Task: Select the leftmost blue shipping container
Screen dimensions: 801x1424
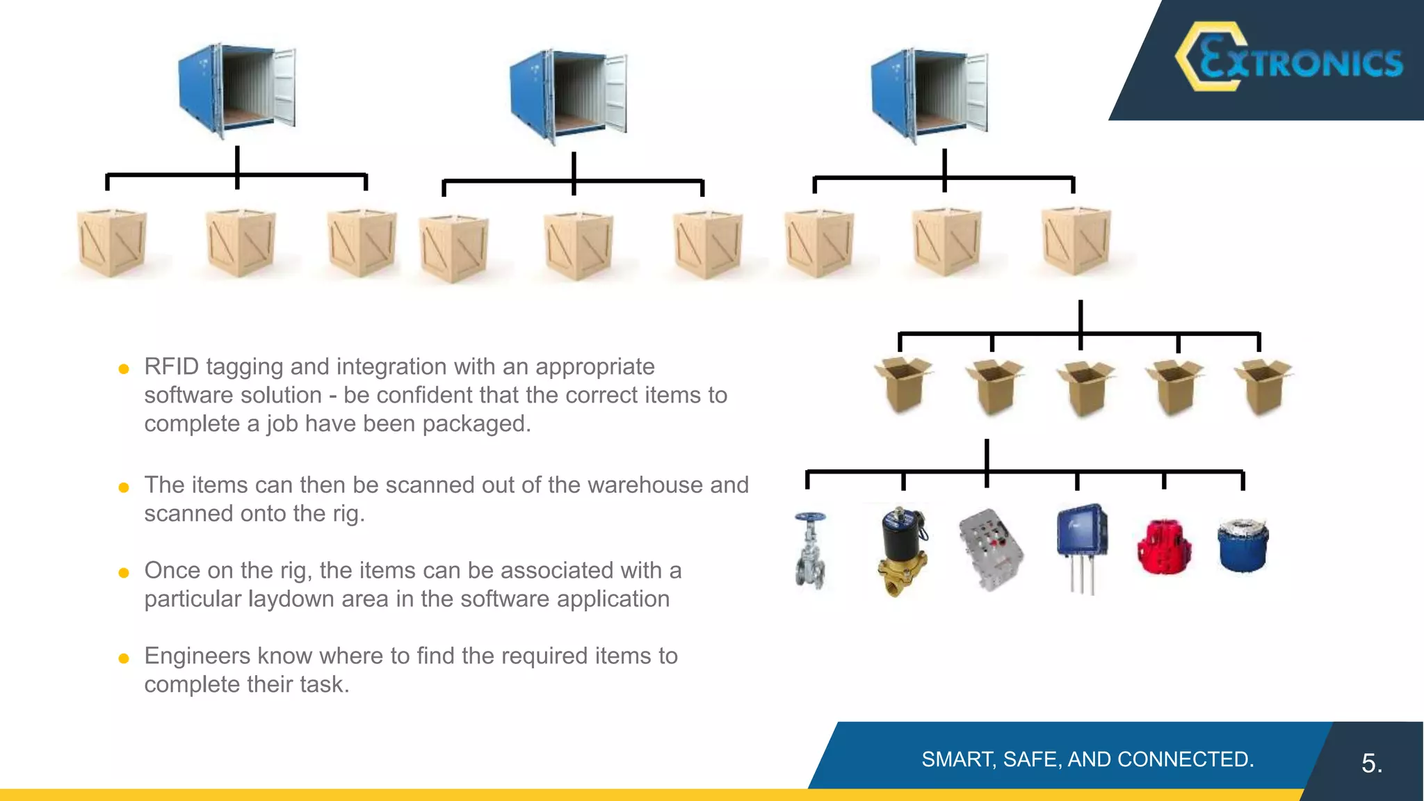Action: pos(236,90)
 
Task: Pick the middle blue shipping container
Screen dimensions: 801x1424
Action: pos(567,95)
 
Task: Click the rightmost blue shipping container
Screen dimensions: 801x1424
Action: pos(929,95)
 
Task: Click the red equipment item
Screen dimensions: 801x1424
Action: pos(1164,547)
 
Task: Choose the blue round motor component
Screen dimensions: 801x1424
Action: pos(1243,545)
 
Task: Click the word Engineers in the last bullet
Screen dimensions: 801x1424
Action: pos(197,656)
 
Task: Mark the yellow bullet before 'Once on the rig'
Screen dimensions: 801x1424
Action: pos(124,573)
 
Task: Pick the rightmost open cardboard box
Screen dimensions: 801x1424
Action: pos(1263,386)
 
